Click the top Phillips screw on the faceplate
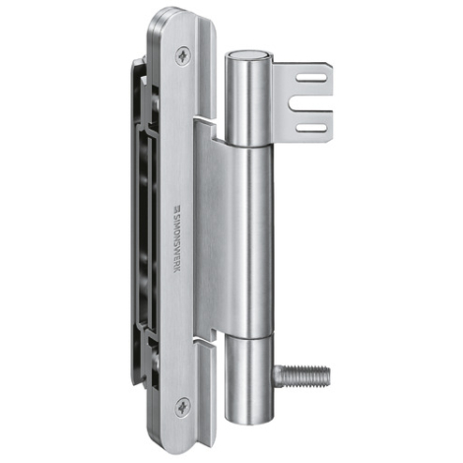click(183, 55)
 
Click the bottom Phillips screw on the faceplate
click(182, 407)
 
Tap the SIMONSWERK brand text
click(177, 241)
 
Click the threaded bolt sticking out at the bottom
click(301, 375)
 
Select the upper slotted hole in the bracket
click(311, 78)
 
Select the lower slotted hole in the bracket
click(311, 128)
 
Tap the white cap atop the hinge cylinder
click(248, 55)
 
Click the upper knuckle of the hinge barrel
click(248, 99)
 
